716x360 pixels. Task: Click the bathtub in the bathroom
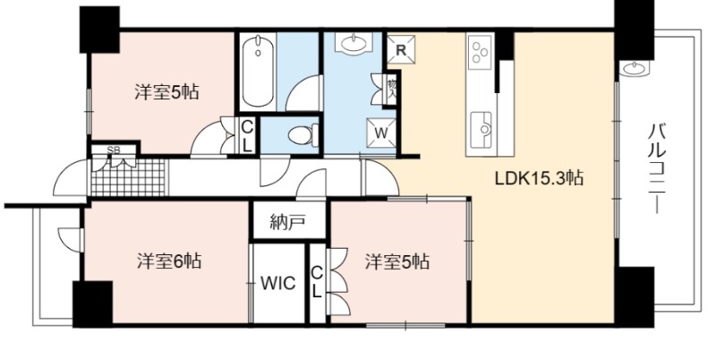pyautogui.click(x=258, y=72)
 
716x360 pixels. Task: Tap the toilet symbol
pyautogui.click(x=303, y=135)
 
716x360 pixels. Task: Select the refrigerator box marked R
pyautogui.click(x=401, y=49)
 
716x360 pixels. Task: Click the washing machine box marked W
pyautogui.click(x=381, y=133)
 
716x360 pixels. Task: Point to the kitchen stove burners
pyautogui.click(x=480, y=52)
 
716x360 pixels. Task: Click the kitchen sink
pyautogui.click(x=482, y=130)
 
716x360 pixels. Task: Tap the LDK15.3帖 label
pyautogui.click(x=540, y=177)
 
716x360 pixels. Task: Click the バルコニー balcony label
pyautogui.click(x=657, y=168)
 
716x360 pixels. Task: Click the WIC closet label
pyautogui.click(x=278, y=283)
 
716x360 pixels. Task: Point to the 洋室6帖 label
pyautogui.click(x=169, y=261)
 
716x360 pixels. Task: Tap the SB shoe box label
pyautogui.click(x=111, y=150)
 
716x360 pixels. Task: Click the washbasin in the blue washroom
pyautogui.click(x=353, y=44)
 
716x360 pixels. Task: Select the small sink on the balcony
pyautogui.click(x=635, y=69)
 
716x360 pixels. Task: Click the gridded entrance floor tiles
pyautogui.click(x=129, y=177)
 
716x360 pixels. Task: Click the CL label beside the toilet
pyautogui.click(x=247, y=135)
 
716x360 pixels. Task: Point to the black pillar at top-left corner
pyautogui.click(x=99, y=30)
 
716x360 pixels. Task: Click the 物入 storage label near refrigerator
pyautogui.click(x=391, y=89)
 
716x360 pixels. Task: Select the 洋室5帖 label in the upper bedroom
pyautogui.click(x=166, y=92)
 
